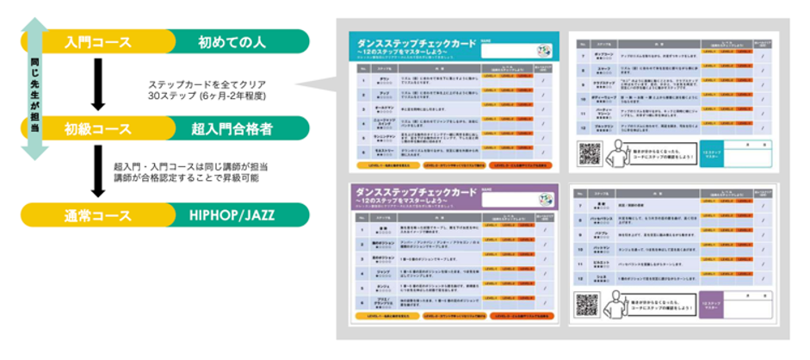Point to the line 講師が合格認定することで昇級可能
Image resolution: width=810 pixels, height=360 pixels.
[186, 178]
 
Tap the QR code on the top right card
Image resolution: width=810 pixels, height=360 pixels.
[590, 153]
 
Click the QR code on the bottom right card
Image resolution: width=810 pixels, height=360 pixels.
[589, 304]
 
